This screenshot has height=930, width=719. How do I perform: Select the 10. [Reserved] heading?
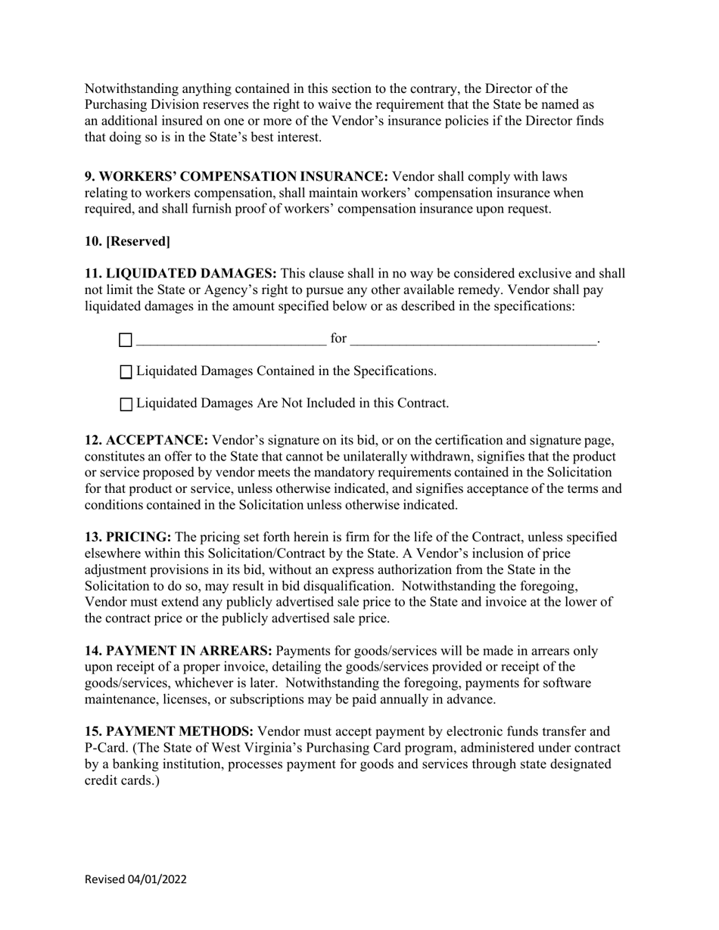tap(127, 241)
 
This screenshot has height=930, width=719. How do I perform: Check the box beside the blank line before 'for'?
tap(126, 340)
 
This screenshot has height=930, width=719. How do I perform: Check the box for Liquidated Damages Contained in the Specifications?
tap(126, 372)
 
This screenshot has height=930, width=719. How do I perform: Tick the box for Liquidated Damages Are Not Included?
tap(126, 404)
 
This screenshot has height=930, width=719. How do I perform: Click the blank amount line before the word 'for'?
tap(231, 339)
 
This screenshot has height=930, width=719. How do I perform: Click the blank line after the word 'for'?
tap(474, 339)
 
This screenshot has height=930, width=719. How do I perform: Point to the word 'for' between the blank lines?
tap(338, 339)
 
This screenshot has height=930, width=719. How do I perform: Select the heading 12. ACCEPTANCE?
tap(146, 441)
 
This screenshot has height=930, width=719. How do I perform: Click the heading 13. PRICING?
tap(128, 538)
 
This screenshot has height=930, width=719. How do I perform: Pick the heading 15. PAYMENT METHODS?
tap(169, 732)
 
